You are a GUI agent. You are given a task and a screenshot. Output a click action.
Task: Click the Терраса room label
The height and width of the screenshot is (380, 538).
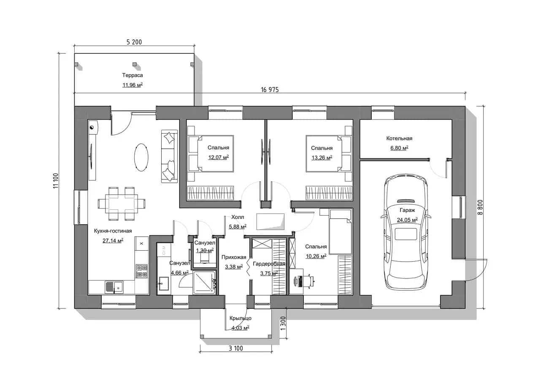[132, 75]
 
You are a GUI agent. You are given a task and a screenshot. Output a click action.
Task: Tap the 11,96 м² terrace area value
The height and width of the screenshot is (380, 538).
[132, 85]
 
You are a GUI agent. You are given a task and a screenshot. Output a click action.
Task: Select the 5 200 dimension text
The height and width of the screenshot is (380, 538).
[134, 42]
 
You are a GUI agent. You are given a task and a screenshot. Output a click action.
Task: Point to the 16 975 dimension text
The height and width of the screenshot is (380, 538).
[270, 90]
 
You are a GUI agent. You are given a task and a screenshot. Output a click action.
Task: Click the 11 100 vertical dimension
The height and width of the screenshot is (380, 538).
[56, 181]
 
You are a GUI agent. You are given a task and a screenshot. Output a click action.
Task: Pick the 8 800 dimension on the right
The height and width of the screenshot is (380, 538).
[480, 207]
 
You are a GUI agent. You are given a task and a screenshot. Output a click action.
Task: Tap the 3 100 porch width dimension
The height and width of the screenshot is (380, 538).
[235, 348]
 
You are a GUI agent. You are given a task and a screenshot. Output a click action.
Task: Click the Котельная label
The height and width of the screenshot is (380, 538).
[399, 138]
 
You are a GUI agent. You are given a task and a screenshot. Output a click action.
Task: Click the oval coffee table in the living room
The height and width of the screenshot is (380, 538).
[141, 157]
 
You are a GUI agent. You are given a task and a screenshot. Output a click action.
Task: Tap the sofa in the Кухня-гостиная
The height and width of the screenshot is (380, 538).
[170, 156]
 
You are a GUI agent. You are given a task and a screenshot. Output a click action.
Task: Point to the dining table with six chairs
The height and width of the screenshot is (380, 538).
[122, 204]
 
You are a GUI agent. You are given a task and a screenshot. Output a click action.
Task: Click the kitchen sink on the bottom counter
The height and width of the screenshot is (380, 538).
[114, 287]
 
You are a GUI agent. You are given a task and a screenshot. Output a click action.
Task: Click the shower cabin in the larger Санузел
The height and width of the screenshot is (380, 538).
[204, 282]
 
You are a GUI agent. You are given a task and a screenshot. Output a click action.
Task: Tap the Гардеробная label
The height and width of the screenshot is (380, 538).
[269, 264]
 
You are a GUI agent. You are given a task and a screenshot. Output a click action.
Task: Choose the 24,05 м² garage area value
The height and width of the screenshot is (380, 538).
[407, 220]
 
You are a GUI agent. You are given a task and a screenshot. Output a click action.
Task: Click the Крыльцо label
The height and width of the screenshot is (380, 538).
[241, 318]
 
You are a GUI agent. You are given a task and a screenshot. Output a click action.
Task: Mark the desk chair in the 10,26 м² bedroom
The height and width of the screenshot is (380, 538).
[308, 280]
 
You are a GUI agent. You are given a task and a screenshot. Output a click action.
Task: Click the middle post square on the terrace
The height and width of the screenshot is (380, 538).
[135, 64]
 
